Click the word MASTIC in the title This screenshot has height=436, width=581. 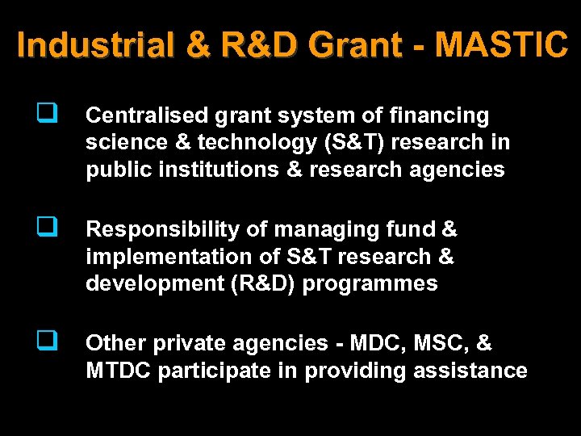tap(501, 45)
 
